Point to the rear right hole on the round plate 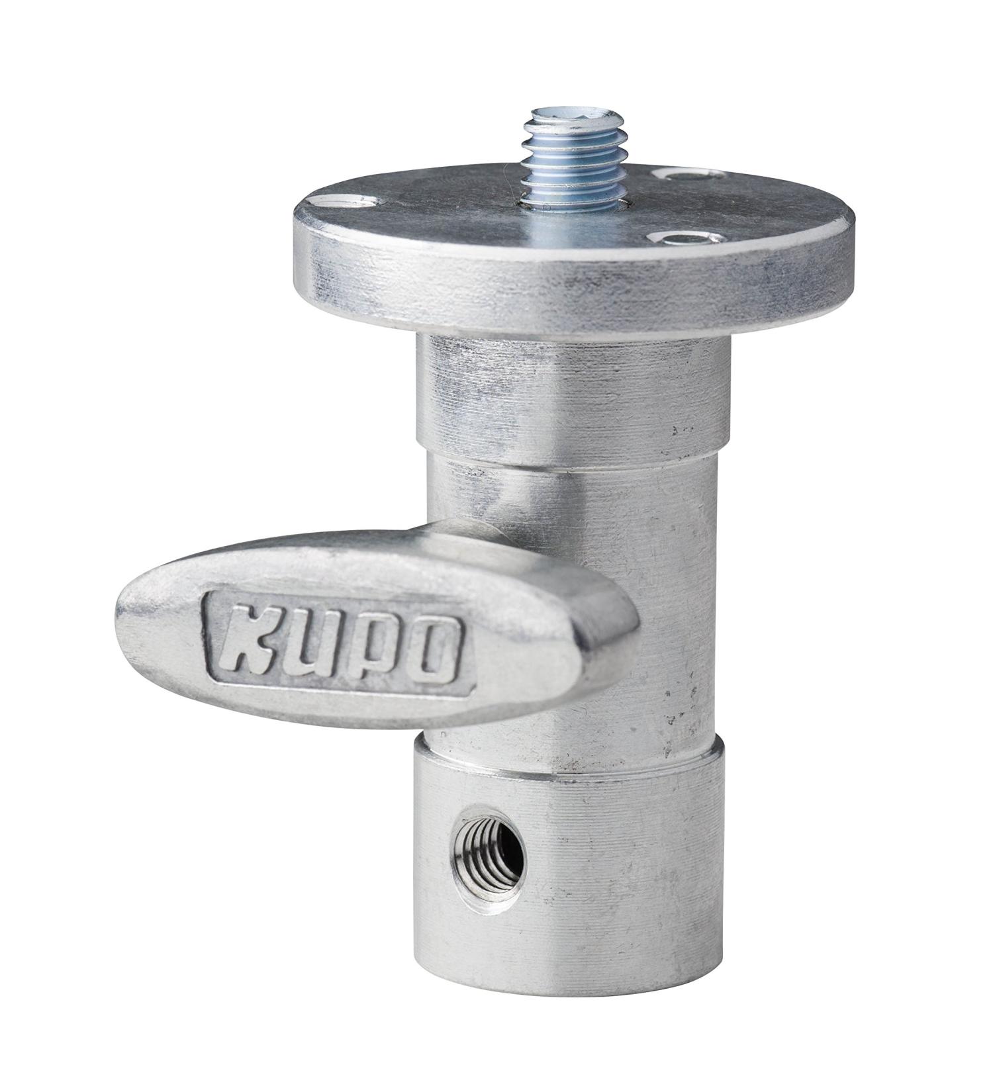pos(688,174)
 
